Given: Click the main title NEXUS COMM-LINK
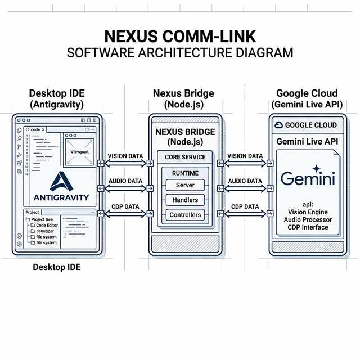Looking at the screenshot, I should tap(180, 37).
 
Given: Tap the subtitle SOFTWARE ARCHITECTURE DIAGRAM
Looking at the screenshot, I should tap(180, 53).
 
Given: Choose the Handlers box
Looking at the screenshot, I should tap(185, 200).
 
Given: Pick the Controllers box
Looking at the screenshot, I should tap(185, 215).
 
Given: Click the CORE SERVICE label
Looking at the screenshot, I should tap(185, 156).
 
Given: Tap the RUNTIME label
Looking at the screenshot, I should tap(185, 173).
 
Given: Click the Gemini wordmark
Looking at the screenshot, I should tap(307, 179).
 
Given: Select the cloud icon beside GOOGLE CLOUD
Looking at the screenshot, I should tap(277, 125).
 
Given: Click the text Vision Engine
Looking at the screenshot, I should tap(307, 211).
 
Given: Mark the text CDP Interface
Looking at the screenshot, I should tap(307, 227).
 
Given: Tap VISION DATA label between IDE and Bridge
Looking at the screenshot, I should tap(124, 156).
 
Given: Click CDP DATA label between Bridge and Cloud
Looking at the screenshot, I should tap(245, 206).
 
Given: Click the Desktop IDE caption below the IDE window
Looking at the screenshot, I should tap(56, 267).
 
